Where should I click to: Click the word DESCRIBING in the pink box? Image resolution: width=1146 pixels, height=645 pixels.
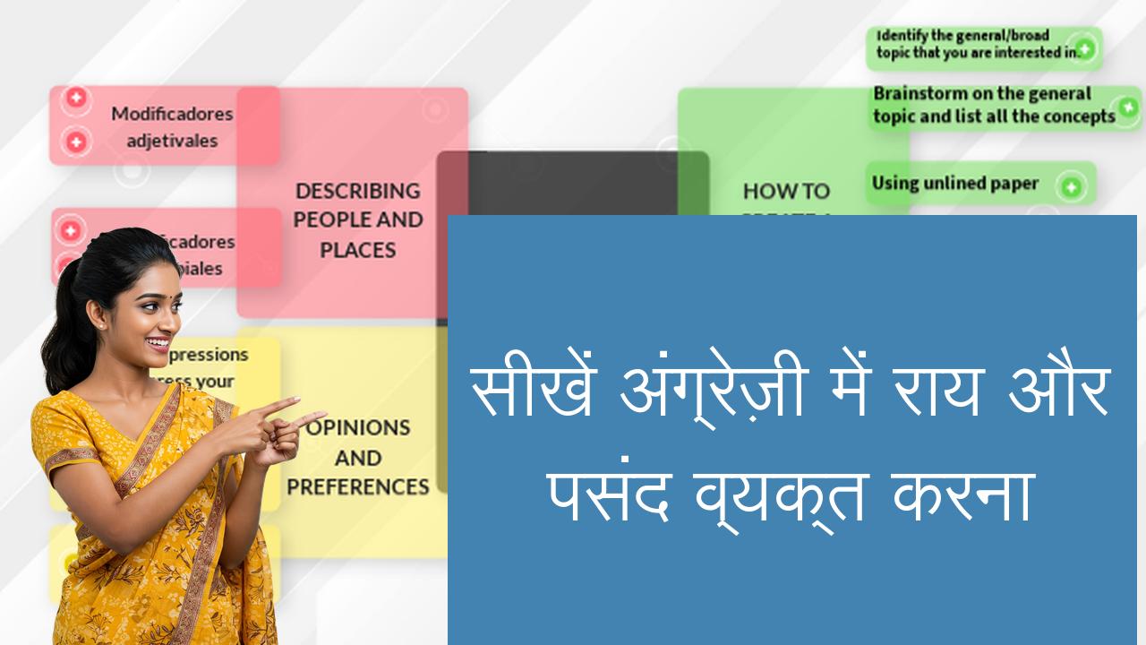pyautogui.click(x=357, y=191)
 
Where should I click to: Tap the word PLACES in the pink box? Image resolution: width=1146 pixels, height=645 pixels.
pyautogui.click(x=357, y=250)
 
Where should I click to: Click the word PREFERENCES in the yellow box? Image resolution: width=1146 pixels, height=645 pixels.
pyautogui.click(x=358, y=486)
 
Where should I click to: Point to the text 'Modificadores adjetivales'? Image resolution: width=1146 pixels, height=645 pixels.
pyautogui.click(x=172, y=127)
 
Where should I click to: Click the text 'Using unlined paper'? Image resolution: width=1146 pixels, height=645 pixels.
pyautogui.click(x=954, y=184)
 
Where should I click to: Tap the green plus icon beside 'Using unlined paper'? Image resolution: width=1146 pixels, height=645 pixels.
pyautogui.click(x=1070, y=187)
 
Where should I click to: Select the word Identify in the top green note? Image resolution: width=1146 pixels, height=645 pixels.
pyautogui.click(x=902, y=36)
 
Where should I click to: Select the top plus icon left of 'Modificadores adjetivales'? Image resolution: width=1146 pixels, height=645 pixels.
pyautogui.click(x=76, y=98)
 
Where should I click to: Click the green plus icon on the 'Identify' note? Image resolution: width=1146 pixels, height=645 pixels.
pyautogui.click(x=1084, y=48)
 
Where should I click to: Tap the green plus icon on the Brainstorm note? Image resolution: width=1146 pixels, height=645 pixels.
pyautogui.click(x=1126, y=107)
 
